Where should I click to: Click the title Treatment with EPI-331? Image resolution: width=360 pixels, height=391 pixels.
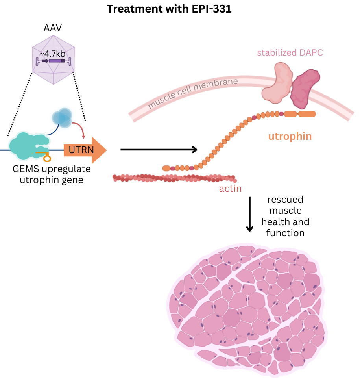point(169,9)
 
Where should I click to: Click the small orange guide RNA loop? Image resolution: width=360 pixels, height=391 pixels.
point(47,158)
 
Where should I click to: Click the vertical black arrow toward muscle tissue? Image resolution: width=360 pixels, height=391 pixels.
point(249,215)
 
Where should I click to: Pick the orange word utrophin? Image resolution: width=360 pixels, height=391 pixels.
point(290,137)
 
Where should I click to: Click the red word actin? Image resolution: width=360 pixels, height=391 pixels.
point(230,189)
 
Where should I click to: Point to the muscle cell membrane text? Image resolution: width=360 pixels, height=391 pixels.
point(193,94)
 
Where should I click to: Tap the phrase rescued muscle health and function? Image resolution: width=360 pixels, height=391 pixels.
point(285,216)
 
